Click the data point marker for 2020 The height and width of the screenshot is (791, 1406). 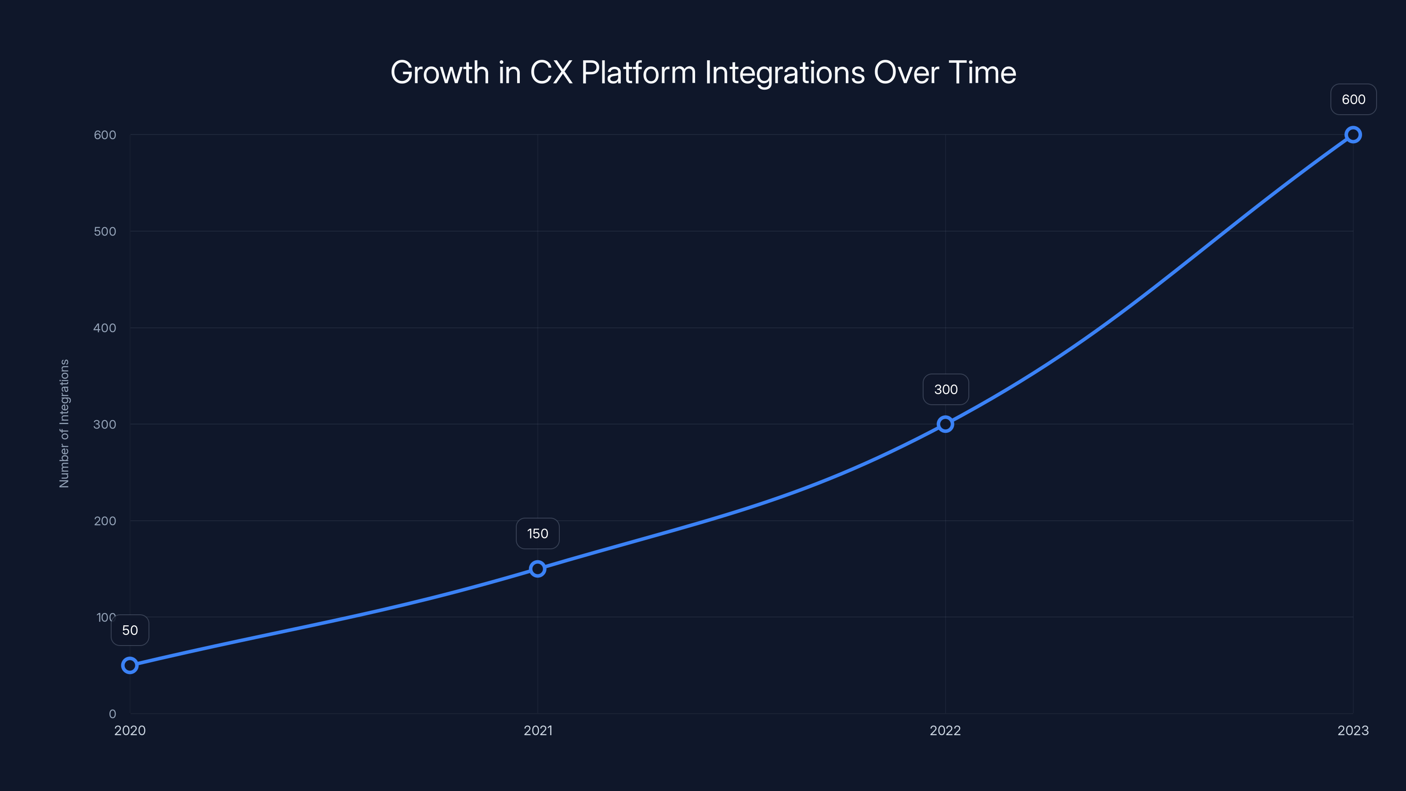[x=130, y=665]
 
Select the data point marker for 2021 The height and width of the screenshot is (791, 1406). [x=538, y=569]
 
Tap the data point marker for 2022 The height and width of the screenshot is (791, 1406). [x=946, y=424]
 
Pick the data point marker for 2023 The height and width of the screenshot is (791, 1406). [x=1353, y=135]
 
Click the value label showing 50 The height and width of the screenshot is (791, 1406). [x=130, y=631]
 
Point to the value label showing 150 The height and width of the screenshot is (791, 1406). [x=538, y=533]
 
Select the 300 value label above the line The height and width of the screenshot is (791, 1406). [x=946, y=389]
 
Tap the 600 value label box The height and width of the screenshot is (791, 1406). [x=1354, y=99]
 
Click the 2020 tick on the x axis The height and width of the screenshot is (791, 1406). [x=130, y=730]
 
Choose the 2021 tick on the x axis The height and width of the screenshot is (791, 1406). [x=538, y=730]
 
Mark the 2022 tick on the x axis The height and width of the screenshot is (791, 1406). [x=946, y=730]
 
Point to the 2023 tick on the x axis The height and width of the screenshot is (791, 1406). [x=1353, y=730]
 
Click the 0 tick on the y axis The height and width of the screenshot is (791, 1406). [x=112, y=714]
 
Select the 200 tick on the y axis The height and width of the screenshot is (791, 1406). [x=105, y=521]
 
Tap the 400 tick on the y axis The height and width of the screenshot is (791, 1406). [x=105, y=328]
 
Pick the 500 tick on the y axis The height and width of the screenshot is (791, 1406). [x=105, y=232]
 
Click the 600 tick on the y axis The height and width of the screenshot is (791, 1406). [x=105, y=135]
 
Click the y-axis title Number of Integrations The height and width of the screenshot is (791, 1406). [x=65, y=423]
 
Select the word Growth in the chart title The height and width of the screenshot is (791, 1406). [x=439, y=73]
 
